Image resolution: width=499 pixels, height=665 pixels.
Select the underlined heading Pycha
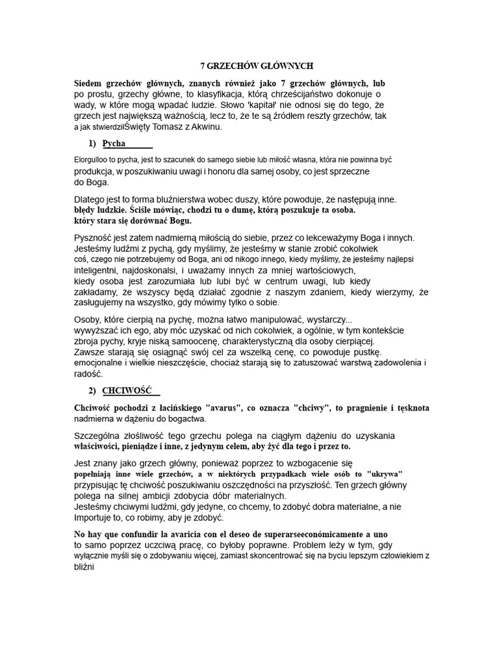tap(114, 144)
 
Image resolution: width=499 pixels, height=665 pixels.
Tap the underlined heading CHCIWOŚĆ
tap(127, 390)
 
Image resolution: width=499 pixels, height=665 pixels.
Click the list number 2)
tap(92, 390)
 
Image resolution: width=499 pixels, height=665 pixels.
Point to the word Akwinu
tap(203, 127)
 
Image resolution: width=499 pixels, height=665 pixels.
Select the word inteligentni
tap(97, 270)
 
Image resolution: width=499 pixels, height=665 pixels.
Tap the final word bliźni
tap(84, 567)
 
